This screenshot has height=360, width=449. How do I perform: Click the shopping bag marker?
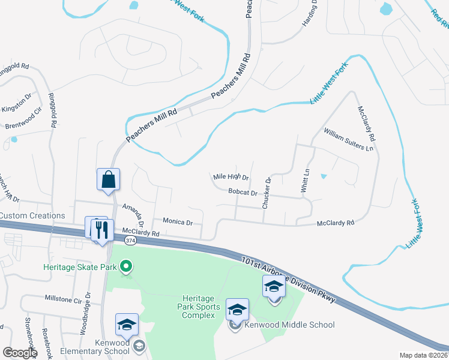[x=108, y=179]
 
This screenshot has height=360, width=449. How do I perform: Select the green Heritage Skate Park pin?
[x=126, y=266]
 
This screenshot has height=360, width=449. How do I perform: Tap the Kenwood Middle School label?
[x=289, y=325]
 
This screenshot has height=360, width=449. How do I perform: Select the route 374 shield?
[x=130, y=240]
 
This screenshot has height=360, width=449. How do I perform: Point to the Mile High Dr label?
[x=231, y=177]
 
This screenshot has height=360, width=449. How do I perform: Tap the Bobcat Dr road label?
[x=243, y=193]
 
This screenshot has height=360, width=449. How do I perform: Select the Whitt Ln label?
[x=306, y=180]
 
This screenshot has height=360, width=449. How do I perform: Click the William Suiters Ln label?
[x=348, y=139]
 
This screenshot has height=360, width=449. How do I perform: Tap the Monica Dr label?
[x=173, y=222]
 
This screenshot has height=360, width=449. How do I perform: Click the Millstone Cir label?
[x=63, y=298]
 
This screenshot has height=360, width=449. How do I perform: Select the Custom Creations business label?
[x=32, y=215]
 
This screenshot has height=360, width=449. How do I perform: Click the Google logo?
[x=20, y=353]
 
